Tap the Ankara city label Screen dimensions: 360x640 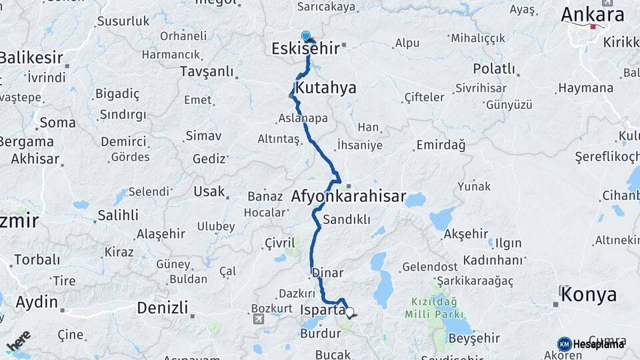tap(592, 15)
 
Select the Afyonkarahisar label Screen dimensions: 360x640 tap(349, 197)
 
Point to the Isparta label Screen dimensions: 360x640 tap(323, 311)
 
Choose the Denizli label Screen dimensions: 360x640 tap(162, 308)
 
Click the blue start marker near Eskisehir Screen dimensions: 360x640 tap(305, 35)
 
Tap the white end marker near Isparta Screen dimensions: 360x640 tap(349, 311)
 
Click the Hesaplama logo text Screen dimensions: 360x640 tap(598, 344)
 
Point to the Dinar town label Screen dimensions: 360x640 tap(327, 273)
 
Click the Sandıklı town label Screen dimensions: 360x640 tap(346, 219)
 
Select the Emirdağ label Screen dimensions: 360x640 tap(440, 145)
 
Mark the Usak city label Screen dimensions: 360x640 tap(209, 191)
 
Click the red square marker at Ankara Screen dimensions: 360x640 tap(593, 27)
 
